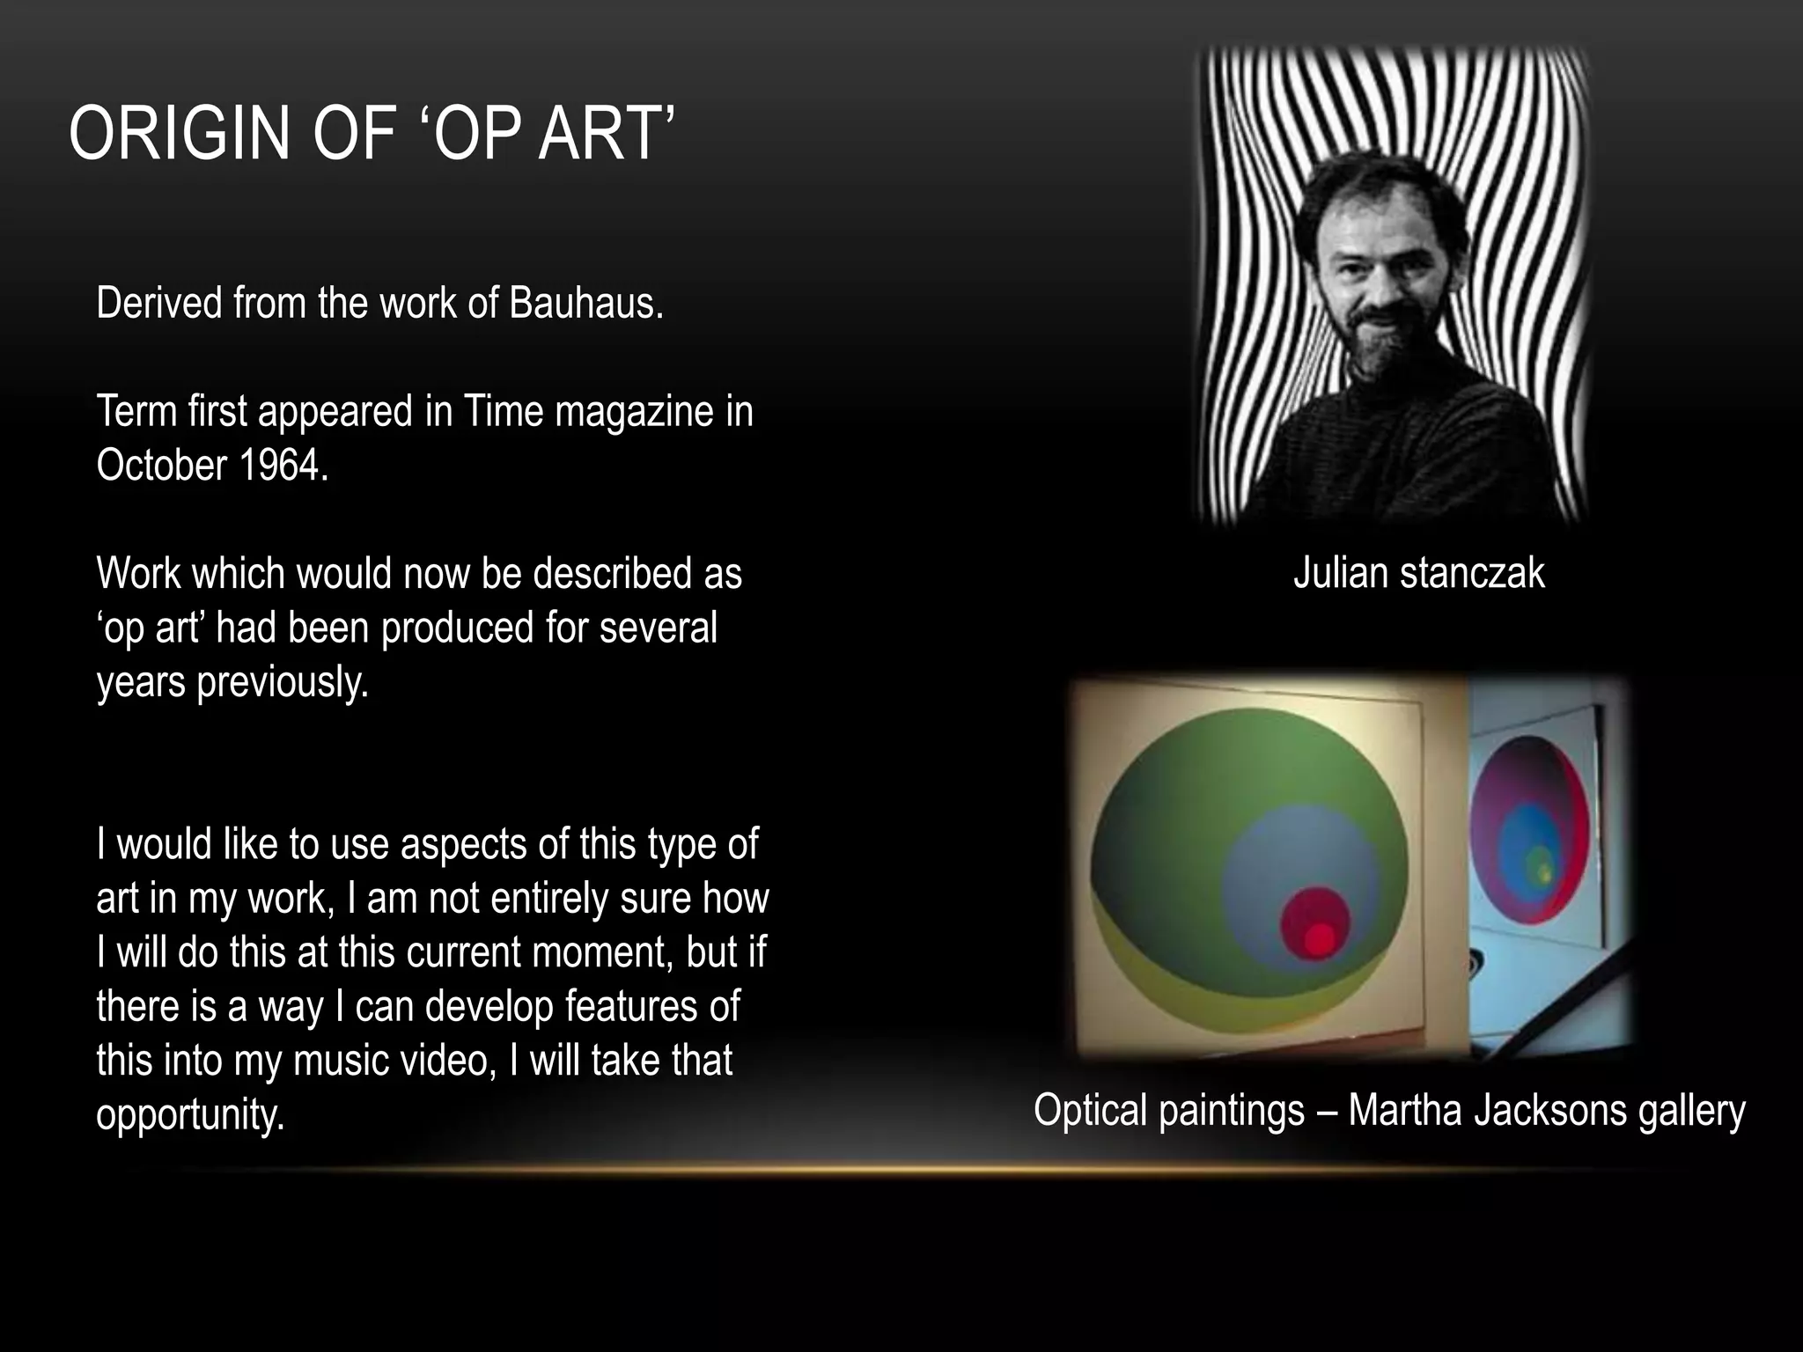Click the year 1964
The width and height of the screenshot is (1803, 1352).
click(283, 465)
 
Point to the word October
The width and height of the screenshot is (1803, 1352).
click(161, 465)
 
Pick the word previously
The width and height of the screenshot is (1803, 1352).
click(282, 682)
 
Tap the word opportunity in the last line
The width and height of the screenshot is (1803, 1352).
click(190, 1114)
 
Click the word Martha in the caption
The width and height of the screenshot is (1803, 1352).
click(1405, 1109)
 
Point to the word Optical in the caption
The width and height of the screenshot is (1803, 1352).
click(1091, 1109)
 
